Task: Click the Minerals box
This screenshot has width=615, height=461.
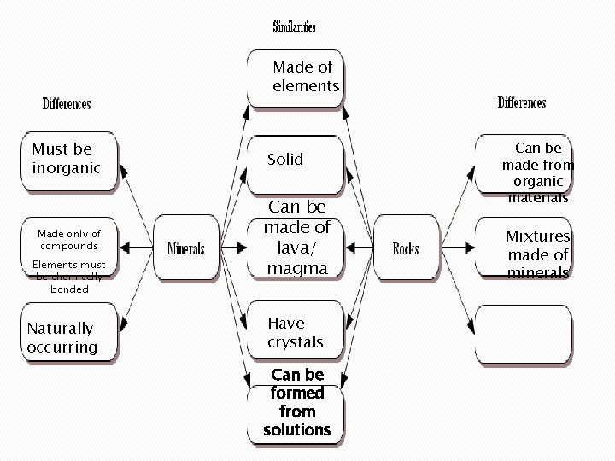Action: coord(185,248)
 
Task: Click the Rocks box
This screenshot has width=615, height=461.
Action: coord(407,248)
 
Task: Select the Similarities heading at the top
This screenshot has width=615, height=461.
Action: coord(295,27)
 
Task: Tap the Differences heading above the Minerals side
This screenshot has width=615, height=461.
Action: coord(67,104)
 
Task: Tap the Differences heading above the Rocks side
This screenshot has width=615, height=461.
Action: coord(522,103)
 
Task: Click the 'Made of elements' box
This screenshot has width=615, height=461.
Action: coord(296,77)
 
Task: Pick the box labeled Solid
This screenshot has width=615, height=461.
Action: coord(296,162)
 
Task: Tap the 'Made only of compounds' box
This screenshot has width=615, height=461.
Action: coord(68,248)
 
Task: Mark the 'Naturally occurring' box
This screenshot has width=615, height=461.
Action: coord(68,337)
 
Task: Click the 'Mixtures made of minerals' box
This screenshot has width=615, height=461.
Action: coord(524,248)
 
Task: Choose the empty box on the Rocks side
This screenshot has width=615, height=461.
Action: coord(524,335)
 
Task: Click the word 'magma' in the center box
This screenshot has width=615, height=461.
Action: coord(297,268)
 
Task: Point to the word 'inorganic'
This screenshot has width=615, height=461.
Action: coord(67,168)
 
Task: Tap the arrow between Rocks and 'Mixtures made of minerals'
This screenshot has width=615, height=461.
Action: coord(458,248)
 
